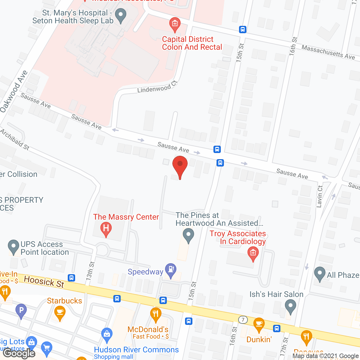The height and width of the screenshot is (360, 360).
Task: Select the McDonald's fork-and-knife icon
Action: [156, 314]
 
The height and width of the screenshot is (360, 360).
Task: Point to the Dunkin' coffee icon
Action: [259, 325]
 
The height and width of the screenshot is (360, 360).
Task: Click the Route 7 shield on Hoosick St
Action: [243, 319]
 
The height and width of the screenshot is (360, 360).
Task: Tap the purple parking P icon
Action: [21, 311]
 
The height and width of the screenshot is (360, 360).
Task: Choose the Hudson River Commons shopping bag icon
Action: [107, 335]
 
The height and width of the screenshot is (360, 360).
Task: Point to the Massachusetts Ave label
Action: [328, 52]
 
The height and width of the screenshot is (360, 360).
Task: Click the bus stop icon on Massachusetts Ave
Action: [243, 29]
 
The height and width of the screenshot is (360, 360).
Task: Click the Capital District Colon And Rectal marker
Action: [175, 24]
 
